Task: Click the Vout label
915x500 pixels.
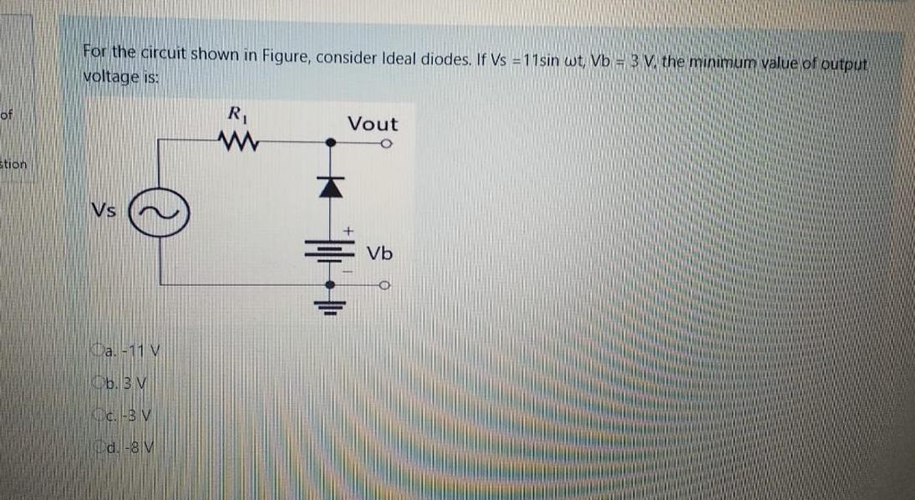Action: pyautogui.click(x=373, y=125)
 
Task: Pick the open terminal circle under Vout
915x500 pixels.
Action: pyautogui.click(x=386, y=143)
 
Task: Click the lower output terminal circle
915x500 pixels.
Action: pyautogui.click(x=386, y=286)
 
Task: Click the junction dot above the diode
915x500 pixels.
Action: pyautogui.click(x=332, y=143)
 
